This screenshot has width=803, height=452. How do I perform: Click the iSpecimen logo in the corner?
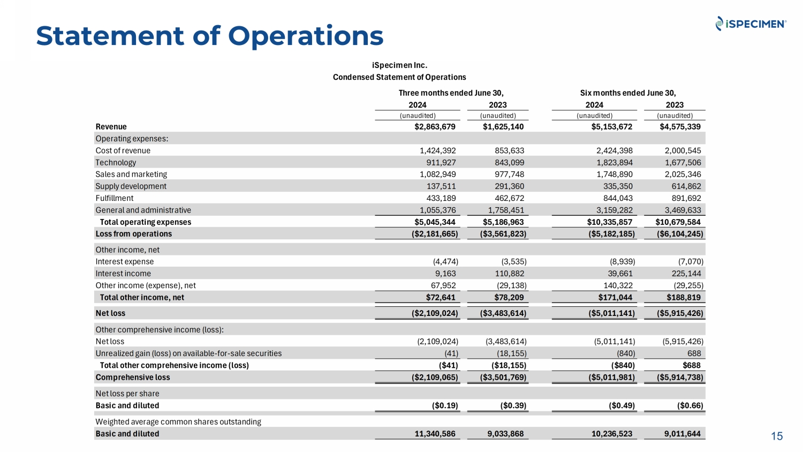coord(751,24)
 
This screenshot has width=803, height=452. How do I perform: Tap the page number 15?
coord(777,436)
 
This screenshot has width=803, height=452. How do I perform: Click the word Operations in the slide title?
coord(306,36)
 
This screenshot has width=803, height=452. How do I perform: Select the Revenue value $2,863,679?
coord(435,127)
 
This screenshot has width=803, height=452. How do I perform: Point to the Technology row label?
coord(116,163)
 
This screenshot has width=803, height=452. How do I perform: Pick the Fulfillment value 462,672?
coord(509,198)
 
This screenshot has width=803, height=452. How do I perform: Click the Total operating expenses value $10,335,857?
coord(609,222)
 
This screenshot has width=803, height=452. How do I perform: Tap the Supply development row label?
coord(131,186)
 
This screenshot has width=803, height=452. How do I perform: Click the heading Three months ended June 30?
coord(451,93)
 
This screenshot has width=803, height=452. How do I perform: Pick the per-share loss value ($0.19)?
coord(445,406)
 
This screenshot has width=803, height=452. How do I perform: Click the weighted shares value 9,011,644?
coord(682,434)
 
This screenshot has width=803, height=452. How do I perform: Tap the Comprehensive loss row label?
coord(132,378)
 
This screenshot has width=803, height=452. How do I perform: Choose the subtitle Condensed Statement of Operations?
coord(399,77)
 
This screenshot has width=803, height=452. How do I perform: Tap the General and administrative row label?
coord(143,210)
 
